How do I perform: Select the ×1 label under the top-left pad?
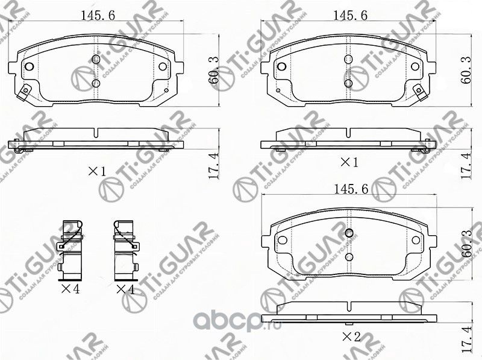[x=96, y=171]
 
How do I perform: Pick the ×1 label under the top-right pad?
[x=349, y=162]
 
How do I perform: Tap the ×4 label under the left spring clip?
[x=70, y=289]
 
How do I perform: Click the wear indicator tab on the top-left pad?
[x=23, y=93]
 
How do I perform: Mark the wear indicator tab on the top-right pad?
[x=420, y=93]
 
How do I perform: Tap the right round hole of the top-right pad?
[x=415, y=68]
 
